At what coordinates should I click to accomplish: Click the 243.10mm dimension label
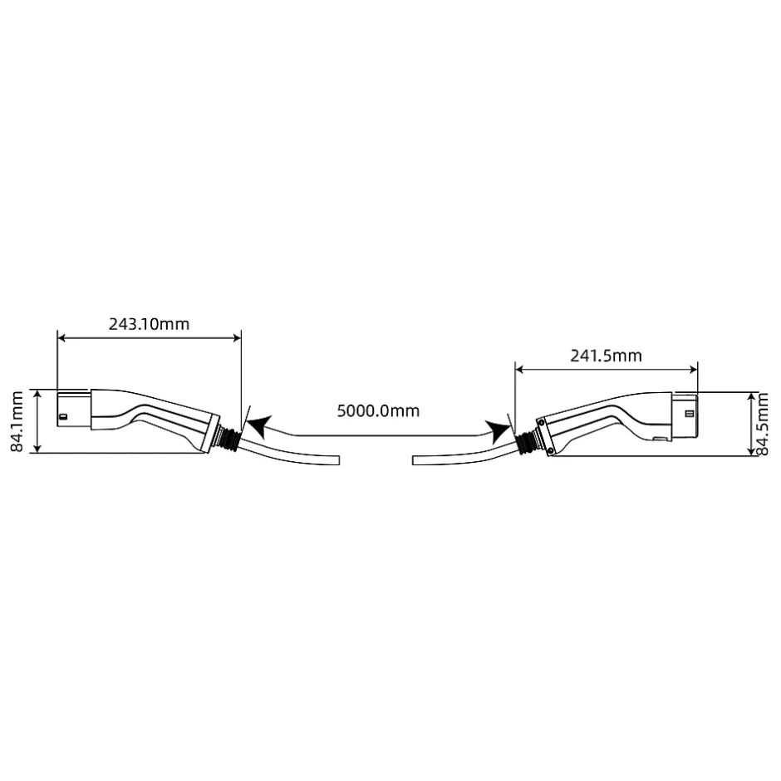tap(149, 324)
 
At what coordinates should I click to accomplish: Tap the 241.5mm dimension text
tap(606, 356)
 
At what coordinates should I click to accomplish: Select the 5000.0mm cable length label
tap(378, 411)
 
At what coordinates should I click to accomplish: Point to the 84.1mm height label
tap(17, 421)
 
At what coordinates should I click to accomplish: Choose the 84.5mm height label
tap(763, 424)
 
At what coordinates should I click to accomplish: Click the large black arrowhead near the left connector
tap(259, 427)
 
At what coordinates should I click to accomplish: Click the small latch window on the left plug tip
tap(63, 416)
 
